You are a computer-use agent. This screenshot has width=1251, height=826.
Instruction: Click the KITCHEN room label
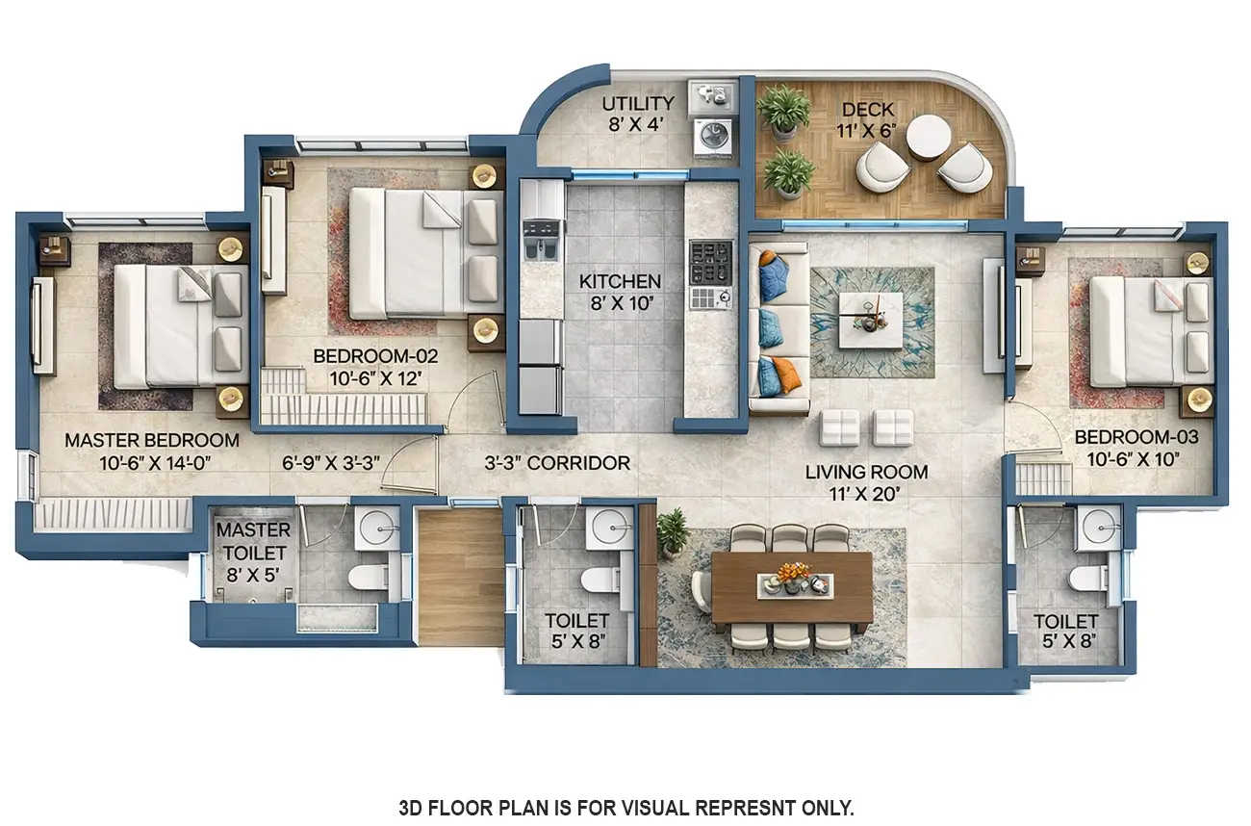(x=620, y=281)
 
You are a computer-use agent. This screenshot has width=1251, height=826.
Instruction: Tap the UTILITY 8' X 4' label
(x=637, y=104)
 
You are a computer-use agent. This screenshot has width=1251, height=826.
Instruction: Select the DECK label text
(x=868, y=109)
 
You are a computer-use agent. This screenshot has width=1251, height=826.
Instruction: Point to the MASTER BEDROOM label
(x=151, y=440)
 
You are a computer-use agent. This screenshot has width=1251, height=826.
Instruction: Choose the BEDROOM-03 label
(x=1136, y=437)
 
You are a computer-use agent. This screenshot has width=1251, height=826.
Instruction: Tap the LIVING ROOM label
(x=866, y=472)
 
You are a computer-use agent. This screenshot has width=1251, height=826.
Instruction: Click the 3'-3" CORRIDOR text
(x=557, y=463)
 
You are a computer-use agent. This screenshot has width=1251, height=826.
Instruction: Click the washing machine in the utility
(x=713, y=135)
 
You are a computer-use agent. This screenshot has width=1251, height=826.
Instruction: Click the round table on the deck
(x=928, y=136)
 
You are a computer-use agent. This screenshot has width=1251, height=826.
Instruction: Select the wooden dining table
(x=791, y=587)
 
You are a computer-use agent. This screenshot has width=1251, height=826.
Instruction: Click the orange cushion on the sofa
(x=786, y=375)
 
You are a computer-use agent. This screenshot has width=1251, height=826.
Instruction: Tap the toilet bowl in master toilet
(x=368, y=577)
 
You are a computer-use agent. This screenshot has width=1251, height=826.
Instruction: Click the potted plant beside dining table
(x=673, y=530)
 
